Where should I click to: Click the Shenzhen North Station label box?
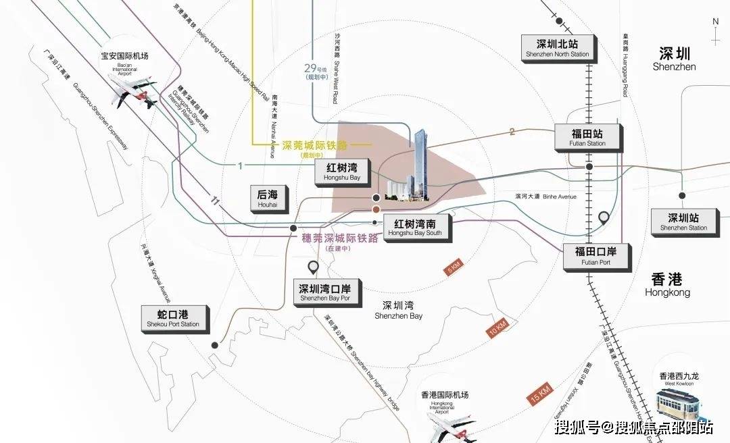[x=557, y=46]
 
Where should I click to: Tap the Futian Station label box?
[x=587, y=137]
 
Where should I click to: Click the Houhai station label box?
[x=268, y=198]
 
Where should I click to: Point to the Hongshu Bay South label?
[x=415, y=227]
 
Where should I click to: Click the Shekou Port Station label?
[x=174, y=318]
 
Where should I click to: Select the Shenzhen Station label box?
[x=683, y=221]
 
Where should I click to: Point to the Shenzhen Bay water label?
[x=398, y=310]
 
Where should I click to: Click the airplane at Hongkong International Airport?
[x=451, y=424]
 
